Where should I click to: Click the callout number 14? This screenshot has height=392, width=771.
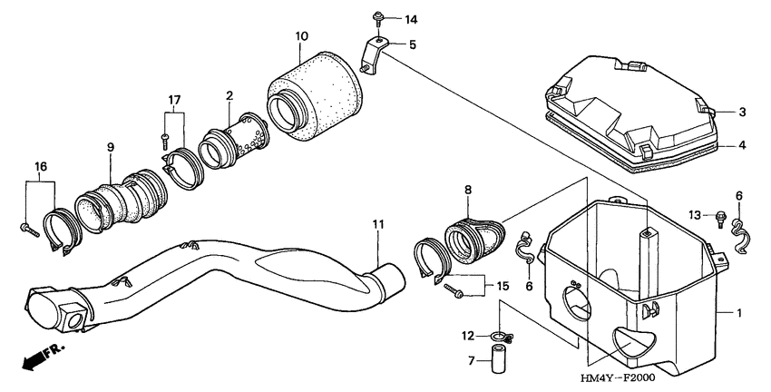click(411, 19)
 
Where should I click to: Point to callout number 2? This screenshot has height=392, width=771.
click(229, 95)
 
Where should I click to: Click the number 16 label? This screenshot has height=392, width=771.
click(40, 167)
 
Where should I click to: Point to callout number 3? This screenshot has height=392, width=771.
click(741, 113)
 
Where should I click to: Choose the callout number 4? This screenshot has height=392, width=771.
click(741, 144)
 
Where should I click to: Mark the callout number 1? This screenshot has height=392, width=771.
click(741, 313)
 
